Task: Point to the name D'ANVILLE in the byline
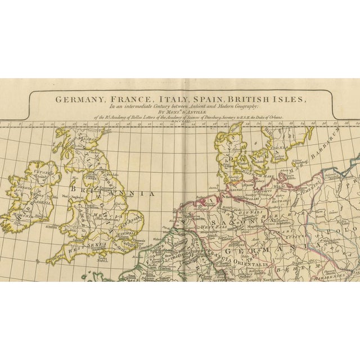199,112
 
